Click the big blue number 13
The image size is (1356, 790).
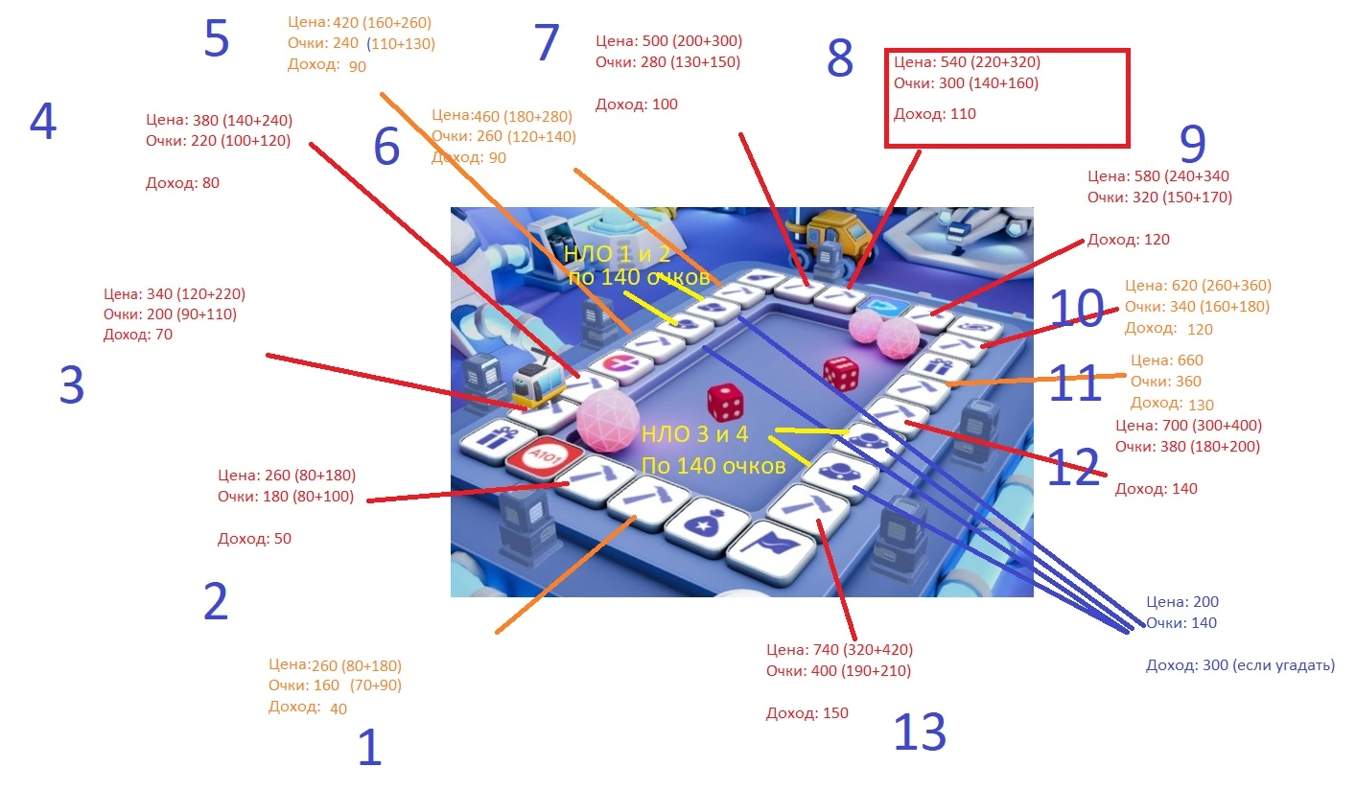click(x=920, y=732)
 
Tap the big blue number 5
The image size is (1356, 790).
click(x=217, y=38)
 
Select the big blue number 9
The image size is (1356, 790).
click(x=1193, y=144)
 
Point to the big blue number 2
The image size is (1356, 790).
click(x=216, y=601)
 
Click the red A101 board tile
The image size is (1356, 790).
click(x=544, y=457)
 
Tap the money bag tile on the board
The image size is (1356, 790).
click(x=707, y=524)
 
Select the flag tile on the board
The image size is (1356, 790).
click(x=771, y=549)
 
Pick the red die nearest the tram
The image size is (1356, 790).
click(x=725, y=403)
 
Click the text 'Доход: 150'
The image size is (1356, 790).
click(x=807, y=713)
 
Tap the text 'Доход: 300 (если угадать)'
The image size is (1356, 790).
click(x=1240, y=665)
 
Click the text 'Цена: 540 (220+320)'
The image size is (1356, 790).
click(x=967, y=61)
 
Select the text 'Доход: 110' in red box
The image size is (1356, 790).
click(x=935, y=114)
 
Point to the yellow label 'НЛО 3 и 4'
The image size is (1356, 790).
click(x=694, y=434)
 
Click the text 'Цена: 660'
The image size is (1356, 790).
click(x=1166, y=360)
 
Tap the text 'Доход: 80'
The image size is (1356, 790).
click(x=182, y=183)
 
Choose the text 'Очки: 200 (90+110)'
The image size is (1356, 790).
click(x=170, y=314)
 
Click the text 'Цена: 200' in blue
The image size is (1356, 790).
click(x=1181, y=602)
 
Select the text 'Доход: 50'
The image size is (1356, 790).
click(x=254, y=539)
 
